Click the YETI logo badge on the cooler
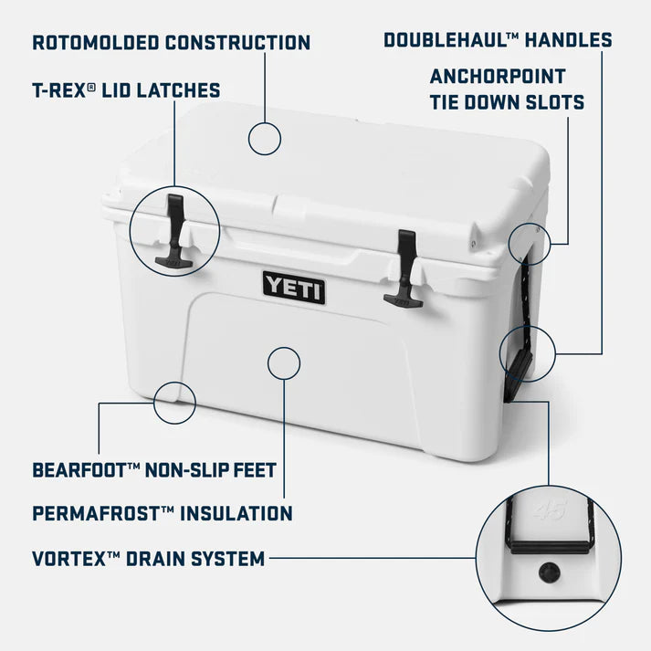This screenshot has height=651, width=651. pos(294,287)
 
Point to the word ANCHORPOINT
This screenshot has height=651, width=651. pos(498,76)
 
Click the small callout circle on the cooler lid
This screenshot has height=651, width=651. pos(265,140)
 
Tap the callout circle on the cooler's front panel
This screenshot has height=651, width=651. pos(284,362)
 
